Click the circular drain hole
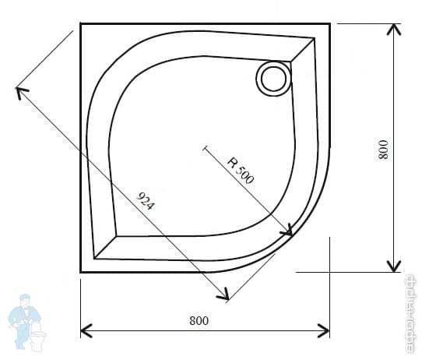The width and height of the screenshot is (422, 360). [273, 78]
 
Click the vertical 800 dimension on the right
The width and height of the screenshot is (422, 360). [382, 149]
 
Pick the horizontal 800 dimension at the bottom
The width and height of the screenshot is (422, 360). [199, 319]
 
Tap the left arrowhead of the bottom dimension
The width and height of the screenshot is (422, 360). [86, 330]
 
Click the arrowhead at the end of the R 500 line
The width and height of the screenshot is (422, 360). [288, 231]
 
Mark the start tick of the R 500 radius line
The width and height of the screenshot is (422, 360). [205, 146]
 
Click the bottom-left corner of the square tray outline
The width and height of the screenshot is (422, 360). [81, 271]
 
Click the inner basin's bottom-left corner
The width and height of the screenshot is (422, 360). [95, 257]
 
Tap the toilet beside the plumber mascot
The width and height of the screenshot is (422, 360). [37, 338]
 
